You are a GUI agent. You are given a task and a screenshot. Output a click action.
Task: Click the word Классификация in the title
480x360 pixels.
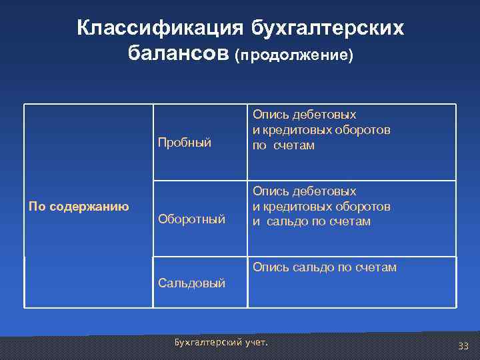pyautogui.click(x=160, y=28)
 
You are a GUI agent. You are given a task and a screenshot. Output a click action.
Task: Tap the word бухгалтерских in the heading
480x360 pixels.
pyautogui.click(x=327, y=28)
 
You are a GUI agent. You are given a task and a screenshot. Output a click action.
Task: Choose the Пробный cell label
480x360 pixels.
pyautogui.click(x=185, y=142)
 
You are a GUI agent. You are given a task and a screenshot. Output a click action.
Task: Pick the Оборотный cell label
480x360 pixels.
pyautogui.click(x=191, y=218)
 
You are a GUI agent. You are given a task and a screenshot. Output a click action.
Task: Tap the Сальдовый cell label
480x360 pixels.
pyautogui.click(x=191, y=283)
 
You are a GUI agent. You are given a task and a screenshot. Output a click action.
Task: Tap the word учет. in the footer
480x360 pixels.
pyautogui.click(x=257, y=343)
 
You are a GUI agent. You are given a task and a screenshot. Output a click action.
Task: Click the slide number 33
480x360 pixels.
pyautogui.click(x=463, y=345)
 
